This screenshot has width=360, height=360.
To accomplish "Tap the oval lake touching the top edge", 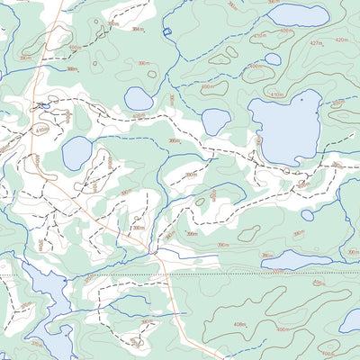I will pyautogui.click(x=298, y=15).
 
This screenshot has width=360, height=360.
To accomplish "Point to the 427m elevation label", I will pyautogui.click(x=315, y=43).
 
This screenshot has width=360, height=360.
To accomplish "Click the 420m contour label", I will pyautogui.click(x=341, y=40).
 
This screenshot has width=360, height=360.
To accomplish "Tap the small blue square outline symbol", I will pyautogui.click(x=166, y=32).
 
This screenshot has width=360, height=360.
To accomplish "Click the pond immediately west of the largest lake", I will pyautogui.click(x=214, y=121).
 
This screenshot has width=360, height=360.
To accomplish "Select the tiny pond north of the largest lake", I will pyautogui.click(x=273, y=59).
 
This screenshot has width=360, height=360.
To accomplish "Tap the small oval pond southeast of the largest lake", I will pyautogui.click(x=307, y=215).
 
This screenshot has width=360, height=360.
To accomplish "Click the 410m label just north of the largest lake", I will pyautogui.click(x=276, y=94).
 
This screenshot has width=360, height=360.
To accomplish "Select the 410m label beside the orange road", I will pyautogui.click(x=41, y=130).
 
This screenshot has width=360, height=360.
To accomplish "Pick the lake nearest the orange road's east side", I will pyautogui.click(x=76, y=153).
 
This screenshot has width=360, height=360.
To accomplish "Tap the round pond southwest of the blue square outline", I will pyautogui.click(x=138, y=98).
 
